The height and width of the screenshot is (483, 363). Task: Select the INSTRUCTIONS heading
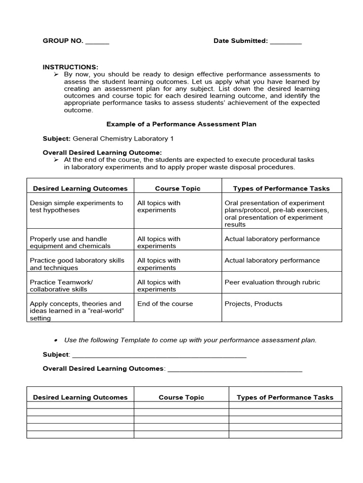tap(70, 67)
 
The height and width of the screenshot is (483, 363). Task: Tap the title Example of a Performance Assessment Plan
tap(181, 124)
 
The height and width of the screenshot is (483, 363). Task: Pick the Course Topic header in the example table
tap(178, 188)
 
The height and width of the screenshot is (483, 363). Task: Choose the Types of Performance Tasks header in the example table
tap(281, 188)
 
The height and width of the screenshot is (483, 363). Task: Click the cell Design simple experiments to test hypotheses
tap(77, 207)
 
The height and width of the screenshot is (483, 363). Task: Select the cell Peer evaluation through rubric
tap(272, 282)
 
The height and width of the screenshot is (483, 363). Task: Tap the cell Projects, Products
tap(253, 304)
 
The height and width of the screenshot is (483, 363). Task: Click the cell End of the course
tap(165, 304)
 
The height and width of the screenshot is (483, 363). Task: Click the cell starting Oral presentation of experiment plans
tap(277, 214)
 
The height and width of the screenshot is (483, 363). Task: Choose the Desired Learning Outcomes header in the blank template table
tap(80, 397)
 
